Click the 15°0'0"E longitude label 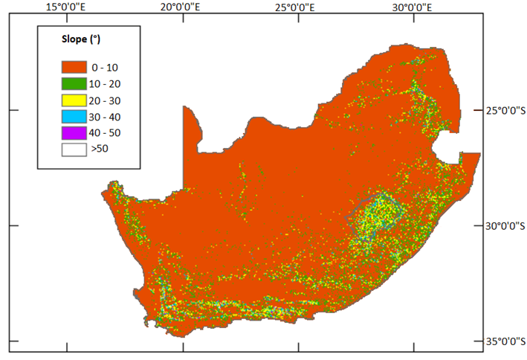coord(68,7)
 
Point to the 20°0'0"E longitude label coord(184,7)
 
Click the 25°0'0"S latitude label coord(503,111)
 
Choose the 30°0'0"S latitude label coord(503,225)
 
